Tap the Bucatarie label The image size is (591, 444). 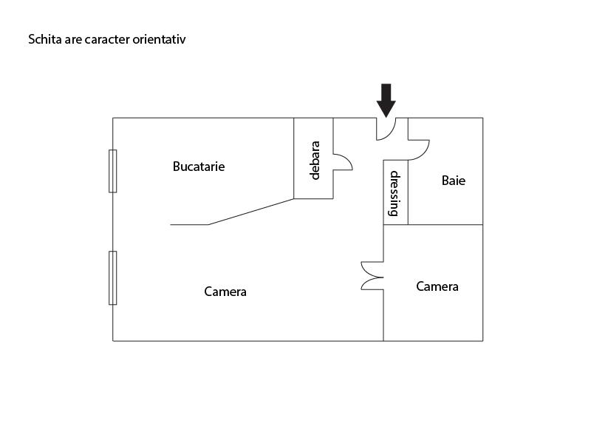[198, 166]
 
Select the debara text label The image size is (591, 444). [315, 160]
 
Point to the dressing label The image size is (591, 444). [395, 193]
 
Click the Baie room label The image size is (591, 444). [454, 180]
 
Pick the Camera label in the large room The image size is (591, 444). [225, 292]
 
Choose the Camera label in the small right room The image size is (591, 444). [437, 286]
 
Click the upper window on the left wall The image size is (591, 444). [113, 171]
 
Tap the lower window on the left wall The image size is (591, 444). [113, 277]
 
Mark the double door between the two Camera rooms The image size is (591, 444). [372, 276]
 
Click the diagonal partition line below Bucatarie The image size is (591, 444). [251, 212]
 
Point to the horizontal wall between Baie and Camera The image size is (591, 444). [443, 224]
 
